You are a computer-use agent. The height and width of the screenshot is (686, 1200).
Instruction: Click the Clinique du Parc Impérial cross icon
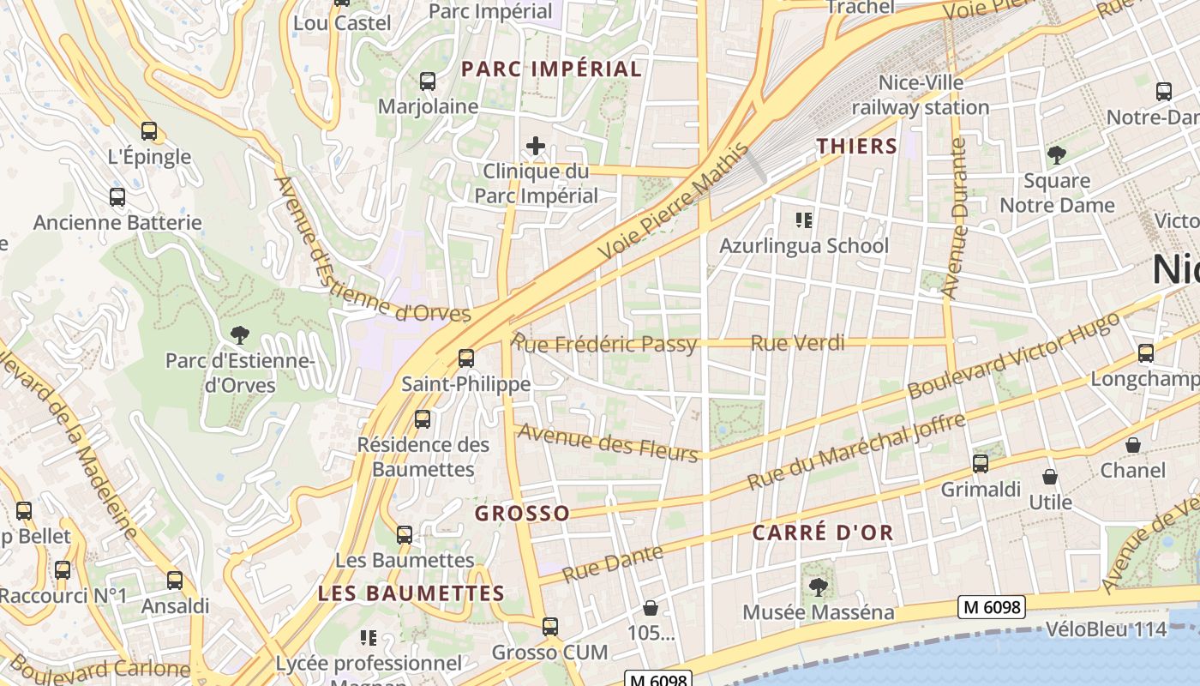coord(536,146)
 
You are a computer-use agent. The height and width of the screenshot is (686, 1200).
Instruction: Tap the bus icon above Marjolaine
coord(427,81)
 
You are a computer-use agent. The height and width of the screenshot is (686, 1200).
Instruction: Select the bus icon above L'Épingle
coord(149,131)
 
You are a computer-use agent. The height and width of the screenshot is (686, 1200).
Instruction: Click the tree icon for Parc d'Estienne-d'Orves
coord(239,334)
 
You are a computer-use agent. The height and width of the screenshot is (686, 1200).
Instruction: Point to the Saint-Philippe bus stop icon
coord(466,358)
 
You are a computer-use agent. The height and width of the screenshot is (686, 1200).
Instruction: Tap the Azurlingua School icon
coord(804,220)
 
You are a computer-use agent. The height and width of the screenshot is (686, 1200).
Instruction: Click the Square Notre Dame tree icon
coord(1056,155)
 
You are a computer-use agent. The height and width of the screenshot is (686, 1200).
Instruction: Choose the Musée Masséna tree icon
coord(818,587)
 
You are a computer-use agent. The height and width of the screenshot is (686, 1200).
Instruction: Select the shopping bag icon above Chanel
coord(1133,445)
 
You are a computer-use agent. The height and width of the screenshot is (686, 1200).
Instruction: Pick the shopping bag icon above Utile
coord(1050,477)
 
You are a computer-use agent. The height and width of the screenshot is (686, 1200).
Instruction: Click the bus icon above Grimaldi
coord(981,464)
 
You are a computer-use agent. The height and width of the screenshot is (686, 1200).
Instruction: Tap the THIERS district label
coord(856,146)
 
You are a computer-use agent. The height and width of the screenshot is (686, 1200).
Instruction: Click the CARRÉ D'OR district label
coord(823,533)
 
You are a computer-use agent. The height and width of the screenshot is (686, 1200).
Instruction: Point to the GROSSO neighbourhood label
coord(522,514)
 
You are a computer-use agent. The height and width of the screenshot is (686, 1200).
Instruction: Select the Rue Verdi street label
coord(797,343)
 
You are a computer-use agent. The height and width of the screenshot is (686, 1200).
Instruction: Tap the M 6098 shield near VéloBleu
coord(992,607)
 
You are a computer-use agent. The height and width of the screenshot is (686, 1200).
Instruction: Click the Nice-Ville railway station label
coord(921,95)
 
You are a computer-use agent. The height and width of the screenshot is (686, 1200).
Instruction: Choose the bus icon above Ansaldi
coord(175,581)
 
